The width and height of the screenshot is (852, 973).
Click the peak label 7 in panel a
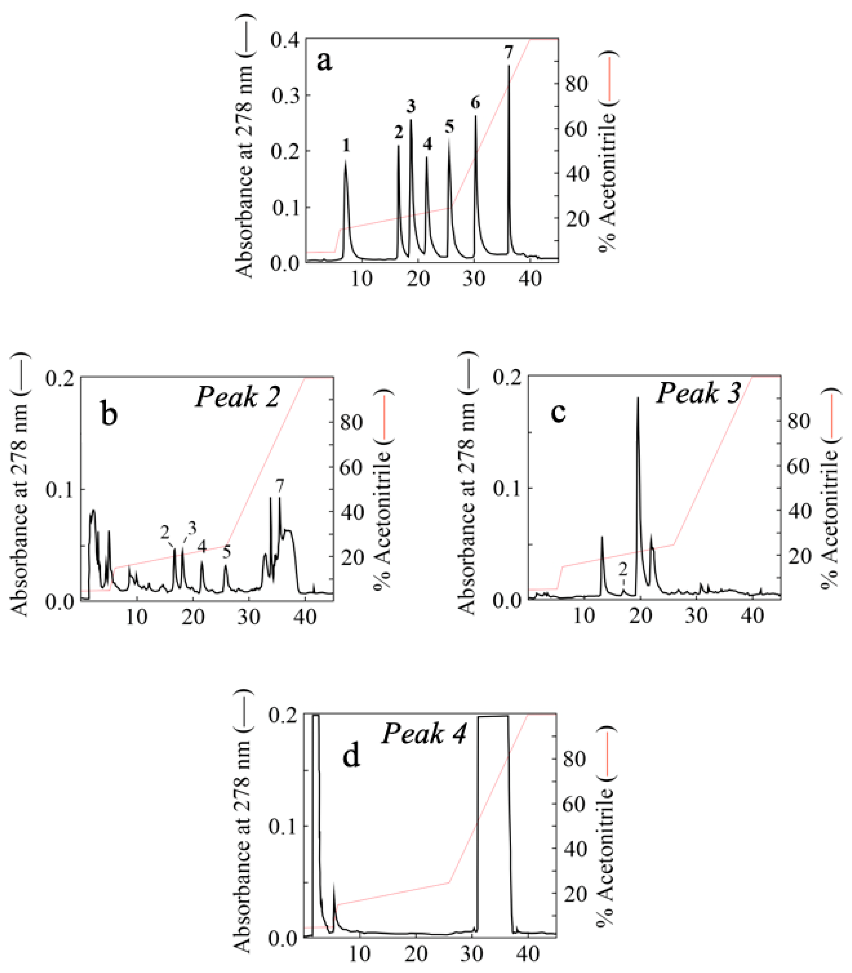pyautogui.click(x=509, y=55)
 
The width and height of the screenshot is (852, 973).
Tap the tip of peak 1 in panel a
pyautogui.click(x=346, y=160)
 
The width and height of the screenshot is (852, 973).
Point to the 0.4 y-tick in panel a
pyautogui.click(x=285, y=40)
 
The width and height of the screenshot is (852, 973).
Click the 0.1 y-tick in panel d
pyautogui.click(x=282, y=825)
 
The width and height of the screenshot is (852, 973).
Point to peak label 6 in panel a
pyautogui.click(x=475, y=102)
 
